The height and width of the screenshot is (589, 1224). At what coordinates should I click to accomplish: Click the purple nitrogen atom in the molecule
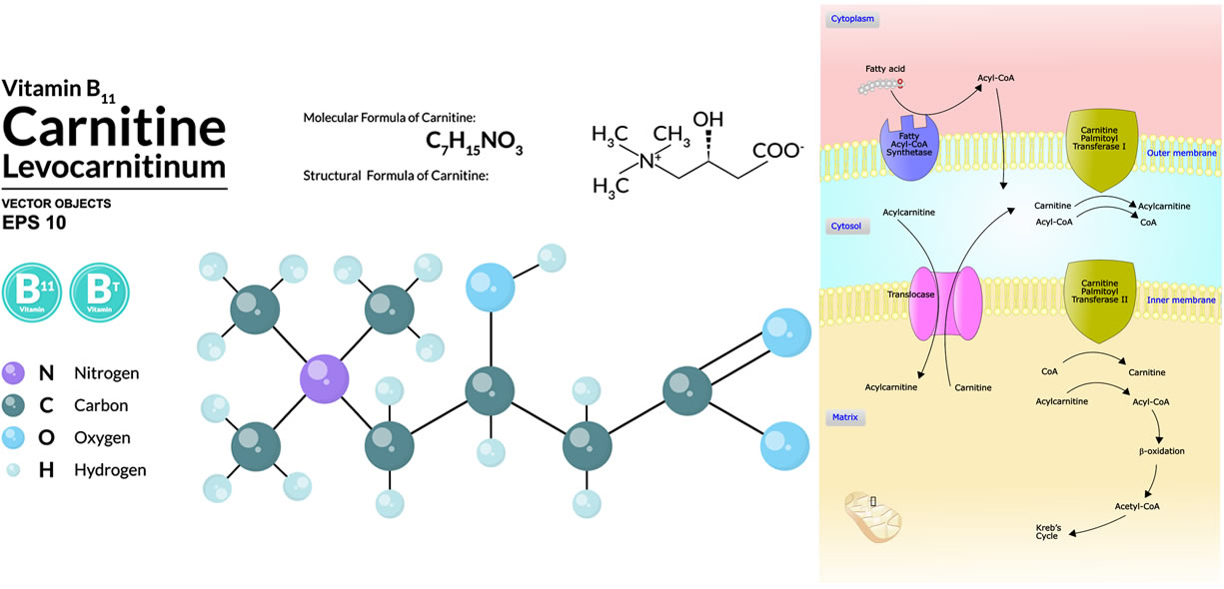pyautogui.click(x=325, y=381)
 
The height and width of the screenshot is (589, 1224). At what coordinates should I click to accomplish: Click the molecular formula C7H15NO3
pyautogui.click(x=468, y=145)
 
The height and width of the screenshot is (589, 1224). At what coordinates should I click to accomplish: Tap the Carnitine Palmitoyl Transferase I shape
pyautogui.click(x=1103, y=151)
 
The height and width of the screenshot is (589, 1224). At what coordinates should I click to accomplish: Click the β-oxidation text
pyautogui.click(x=1161, y=451)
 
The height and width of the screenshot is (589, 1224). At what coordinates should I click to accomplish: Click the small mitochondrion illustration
pyautogui.click(x=872, y=514)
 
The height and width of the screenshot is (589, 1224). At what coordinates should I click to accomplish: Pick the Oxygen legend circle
pyautogui.click(x=14, y=437)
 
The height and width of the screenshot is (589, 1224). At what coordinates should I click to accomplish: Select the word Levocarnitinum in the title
pyautogui.click(x=114, y=166)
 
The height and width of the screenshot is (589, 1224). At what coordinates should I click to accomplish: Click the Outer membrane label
pyautogui.click(x=1181, y=153)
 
